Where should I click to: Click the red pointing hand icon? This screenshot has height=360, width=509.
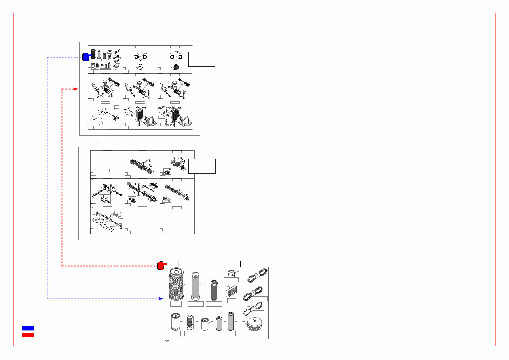tap(161, 265)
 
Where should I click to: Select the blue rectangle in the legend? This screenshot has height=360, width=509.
tap(27, 328)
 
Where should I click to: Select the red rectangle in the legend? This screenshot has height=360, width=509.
tap(27, 335)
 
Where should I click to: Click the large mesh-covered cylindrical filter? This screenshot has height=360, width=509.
tap(176, 284)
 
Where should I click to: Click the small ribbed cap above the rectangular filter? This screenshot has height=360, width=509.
tap(232, 273)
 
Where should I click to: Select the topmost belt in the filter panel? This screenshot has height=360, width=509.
tap(257, 275)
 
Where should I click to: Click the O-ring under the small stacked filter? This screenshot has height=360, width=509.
tap(190, 328)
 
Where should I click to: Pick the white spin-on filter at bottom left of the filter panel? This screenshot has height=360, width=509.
tap(175, 321)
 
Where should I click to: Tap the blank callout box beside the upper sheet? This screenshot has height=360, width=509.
tap(202, 59)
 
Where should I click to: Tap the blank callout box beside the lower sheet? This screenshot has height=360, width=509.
tap(202, 166)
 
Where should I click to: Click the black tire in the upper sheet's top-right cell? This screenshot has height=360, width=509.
tap(176, 68)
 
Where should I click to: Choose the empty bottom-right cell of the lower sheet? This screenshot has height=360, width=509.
tap(177, 221)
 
